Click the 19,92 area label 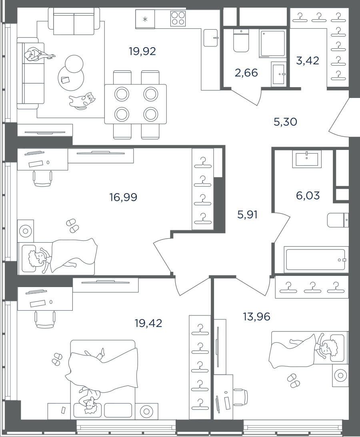(x=142, y=51)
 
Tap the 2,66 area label (x=246, y=73)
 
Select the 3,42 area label (x=308, y=60)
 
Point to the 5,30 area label (x=285, y=122)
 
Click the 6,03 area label (x=308, y=196)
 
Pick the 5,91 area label (x=247, y=215)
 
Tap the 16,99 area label (x=123, y=198)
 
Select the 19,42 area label (x=148, y=323)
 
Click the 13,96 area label (x=256, y=317)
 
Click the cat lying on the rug (x=82, y=100)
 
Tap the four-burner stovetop (x=178, y=18)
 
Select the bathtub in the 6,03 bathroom (x=315, y=260)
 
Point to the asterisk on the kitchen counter (x=145, y=19)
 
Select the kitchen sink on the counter (x=210, y=38)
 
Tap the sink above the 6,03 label (x=307, y=159)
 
